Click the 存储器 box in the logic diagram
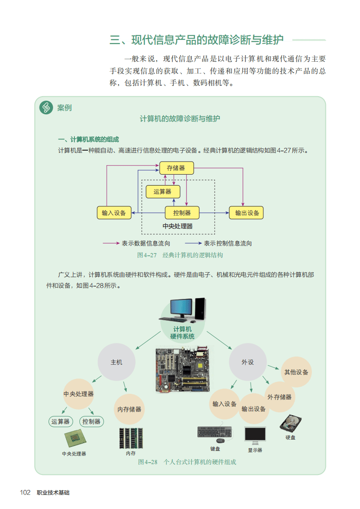pyautogui.click(x=176, y=168)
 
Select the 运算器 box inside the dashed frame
pyautogui.click(x=163, y=191)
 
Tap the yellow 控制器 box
pyautogui.click(x=182, y=212)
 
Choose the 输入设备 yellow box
pyautogui.click(x=114, y=212)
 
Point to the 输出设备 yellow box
pyautogui.click(x=247, y=212)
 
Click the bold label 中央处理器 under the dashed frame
pyautogui.click(x=178, y=226)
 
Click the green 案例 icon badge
pyautogui.click(x=46, y=108)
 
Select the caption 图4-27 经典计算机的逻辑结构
pyautogui.click(x=180, y=255)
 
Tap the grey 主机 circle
pyautogui.click(x=116, y=362)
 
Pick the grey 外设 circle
pyautogui.click(x=247, y=362)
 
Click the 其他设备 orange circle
pyautogui.click(x=296, y=372)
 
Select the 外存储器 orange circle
pyautogui.click(x=279, y=397)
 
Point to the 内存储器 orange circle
pyautogui.click(x=129, y=409)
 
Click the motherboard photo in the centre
pyautogui.click(x=182, y=370)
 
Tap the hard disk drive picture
pyautogui.click(x=290, y=423)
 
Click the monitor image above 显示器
pyautogui.click(x=255, y=436)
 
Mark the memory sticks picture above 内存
pyautogui.click(x=131, y=438)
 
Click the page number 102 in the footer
pyautogui.click(x=25, y=493)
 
